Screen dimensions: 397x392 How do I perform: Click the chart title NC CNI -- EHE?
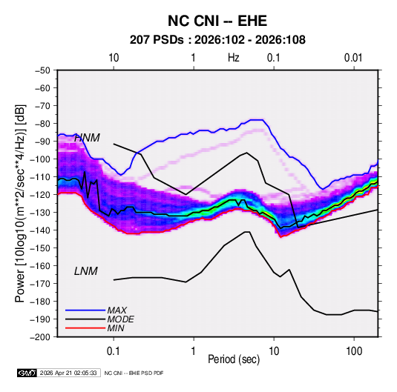[217, 21]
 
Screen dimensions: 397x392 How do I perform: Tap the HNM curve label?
[87, 138]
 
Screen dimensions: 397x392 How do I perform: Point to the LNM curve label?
[86, 271]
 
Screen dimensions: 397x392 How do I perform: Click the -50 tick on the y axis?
[43, 70]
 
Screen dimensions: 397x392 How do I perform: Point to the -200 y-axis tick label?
[40, 337]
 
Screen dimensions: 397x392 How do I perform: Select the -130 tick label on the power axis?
[40, 213]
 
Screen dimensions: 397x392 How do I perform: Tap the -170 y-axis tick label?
[40, 284]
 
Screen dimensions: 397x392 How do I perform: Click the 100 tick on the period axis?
[354, 351]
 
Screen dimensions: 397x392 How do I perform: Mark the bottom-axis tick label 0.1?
[114, 351]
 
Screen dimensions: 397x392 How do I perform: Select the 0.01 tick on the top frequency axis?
[353, 58]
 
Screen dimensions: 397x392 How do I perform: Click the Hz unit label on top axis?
[234, 58]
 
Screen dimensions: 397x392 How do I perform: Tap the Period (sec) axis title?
[234, 359]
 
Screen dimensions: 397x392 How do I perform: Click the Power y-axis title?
[20, 204]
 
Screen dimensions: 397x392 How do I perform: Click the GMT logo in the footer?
[27, 373]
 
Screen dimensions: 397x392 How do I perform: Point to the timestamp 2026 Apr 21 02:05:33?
[68, 373]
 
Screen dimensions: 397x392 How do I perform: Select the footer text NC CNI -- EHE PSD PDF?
[134, 373]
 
